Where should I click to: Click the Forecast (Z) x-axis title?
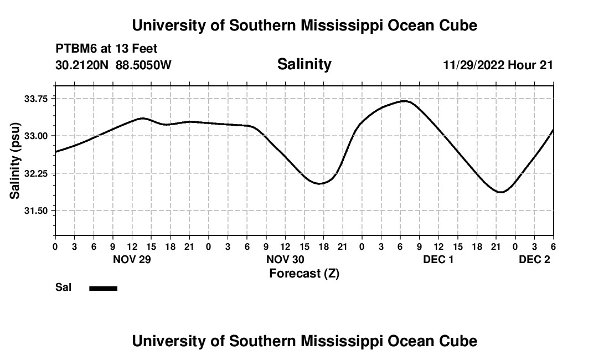pos(304,274)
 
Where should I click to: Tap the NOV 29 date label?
pos(132,260)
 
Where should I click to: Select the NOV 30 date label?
pos(286,260)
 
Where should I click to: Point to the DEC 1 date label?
pos(438,260)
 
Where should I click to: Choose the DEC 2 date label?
pos(534,260)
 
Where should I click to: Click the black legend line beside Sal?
pos(103,288)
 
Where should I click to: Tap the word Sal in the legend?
pos(64,287)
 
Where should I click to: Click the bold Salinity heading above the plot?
pos(304,64)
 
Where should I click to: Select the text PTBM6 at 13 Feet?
pos(106,49)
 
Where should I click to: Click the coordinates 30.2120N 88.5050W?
pos(113,65)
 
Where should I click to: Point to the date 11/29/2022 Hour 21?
pos(498,65)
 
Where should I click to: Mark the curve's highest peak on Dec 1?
pos(405,101)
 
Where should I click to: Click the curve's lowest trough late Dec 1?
pos(501,192)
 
